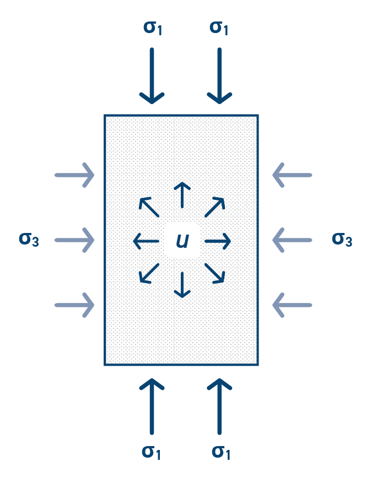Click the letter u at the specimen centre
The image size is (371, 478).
coord(182,241)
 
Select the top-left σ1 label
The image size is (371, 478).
coord(153,27)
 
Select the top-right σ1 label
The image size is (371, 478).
coord(219,27)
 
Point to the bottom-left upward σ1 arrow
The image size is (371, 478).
coord(152,406)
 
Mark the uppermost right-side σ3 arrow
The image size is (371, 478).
coord(292,175)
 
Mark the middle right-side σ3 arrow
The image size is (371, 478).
coord(292,240)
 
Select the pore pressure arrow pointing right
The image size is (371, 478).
coord(217,241)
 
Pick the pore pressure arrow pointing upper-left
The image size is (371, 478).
coord(149,207)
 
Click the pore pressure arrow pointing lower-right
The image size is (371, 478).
coord(214,273)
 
